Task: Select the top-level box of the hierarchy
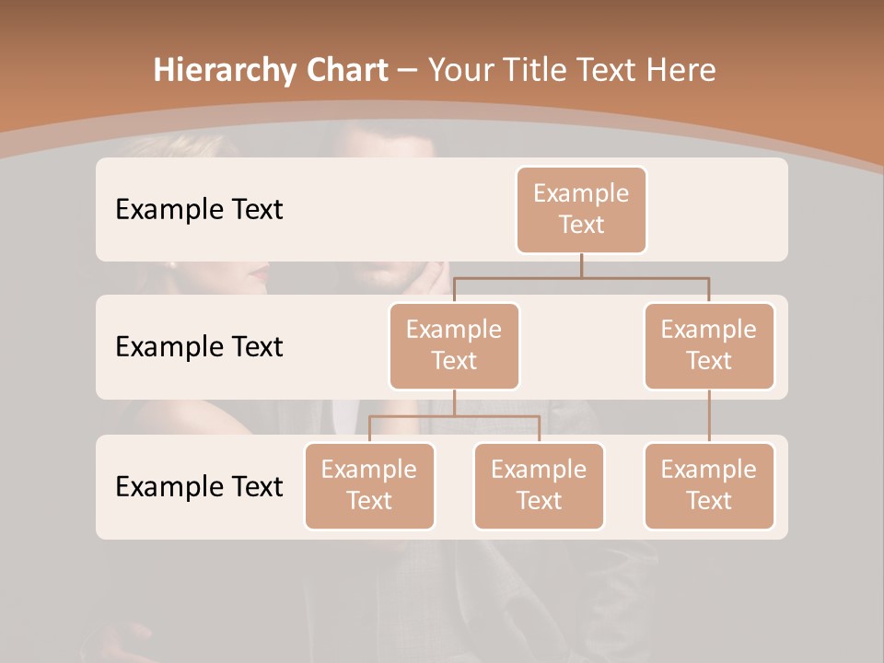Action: [x=581, y=209]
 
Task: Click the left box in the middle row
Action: [x=454, y=345]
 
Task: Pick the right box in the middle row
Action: [x=709, y=345]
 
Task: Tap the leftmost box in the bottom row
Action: [x=369, y=485]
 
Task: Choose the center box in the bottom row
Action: [x=539, y=485]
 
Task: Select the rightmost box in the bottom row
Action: [x=709, y=485]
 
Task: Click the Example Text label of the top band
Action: [x=199, y=209]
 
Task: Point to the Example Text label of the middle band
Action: [x=199, y=346]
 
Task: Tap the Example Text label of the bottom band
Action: [x=199, y=486]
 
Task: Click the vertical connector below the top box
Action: [x=581, y=265]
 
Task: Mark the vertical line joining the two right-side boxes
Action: [x=709, y=416]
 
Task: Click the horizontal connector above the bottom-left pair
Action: [x=454, y=416]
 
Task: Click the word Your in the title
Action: [x=457, y=70]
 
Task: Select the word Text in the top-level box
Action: [x=581, y=225]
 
